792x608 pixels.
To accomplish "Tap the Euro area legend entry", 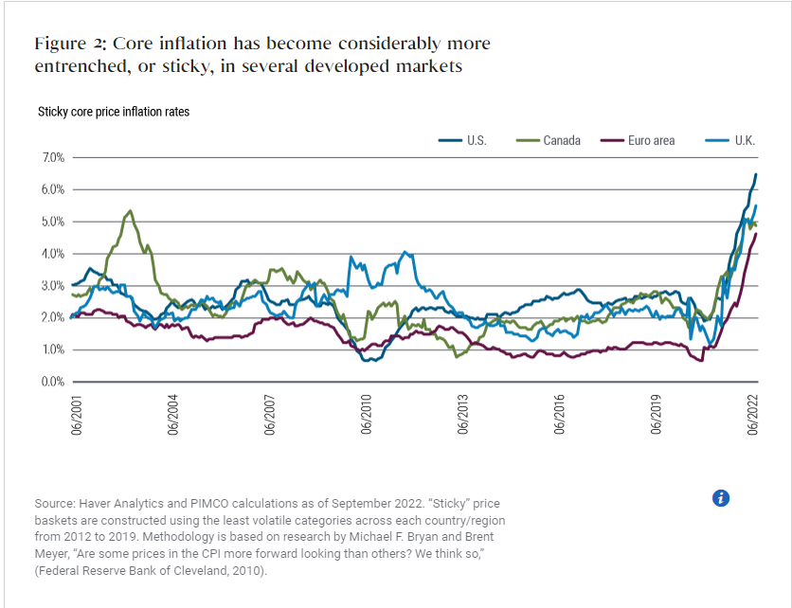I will tap(651, 140).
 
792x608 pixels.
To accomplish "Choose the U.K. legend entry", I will tap(744, 140).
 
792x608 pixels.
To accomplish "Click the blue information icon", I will tap(720, 498).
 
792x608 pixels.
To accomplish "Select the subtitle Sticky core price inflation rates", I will tap(114, 112).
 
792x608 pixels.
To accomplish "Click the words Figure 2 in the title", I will tap(67, 45).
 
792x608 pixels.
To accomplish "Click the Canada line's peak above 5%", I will tap(130, 210).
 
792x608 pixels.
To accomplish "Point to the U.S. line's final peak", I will tap(756, 174).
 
